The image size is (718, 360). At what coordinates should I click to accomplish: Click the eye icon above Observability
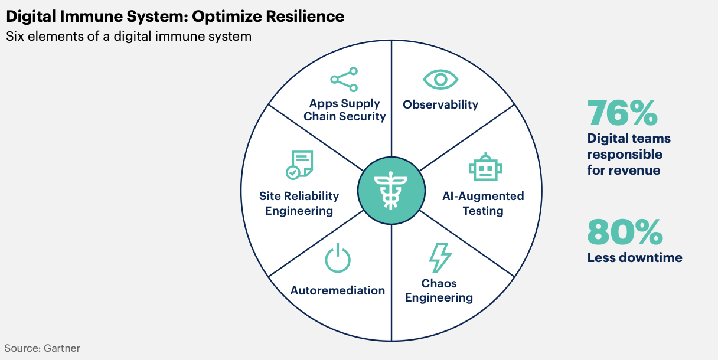440,80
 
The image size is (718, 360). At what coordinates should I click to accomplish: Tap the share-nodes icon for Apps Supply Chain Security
344,80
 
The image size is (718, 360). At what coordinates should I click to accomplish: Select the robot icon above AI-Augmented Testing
485,167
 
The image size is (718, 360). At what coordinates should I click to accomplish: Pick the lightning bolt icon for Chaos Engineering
440,257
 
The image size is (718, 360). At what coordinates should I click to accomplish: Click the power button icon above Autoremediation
338,259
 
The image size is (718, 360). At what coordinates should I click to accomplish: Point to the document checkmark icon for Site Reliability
299,165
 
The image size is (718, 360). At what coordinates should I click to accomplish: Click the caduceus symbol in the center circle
391,191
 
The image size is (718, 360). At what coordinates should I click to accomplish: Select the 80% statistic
625,231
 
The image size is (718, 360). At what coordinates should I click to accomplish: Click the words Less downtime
635,257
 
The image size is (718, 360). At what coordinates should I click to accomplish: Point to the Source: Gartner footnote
43,348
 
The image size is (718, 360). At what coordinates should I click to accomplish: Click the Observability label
440,104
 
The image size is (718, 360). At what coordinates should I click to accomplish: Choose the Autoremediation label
338,290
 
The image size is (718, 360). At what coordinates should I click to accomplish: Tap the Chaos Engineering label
439,290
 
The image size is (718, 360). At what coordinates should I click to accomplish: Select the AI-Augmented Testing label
483,204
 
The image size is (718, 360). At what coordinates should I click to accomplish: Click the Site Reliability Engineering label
299,204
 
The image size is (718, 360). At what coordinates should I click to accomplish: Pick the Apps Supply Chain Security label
345,110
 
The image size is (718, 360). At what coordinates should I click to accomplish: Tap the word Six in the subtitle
15,36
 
